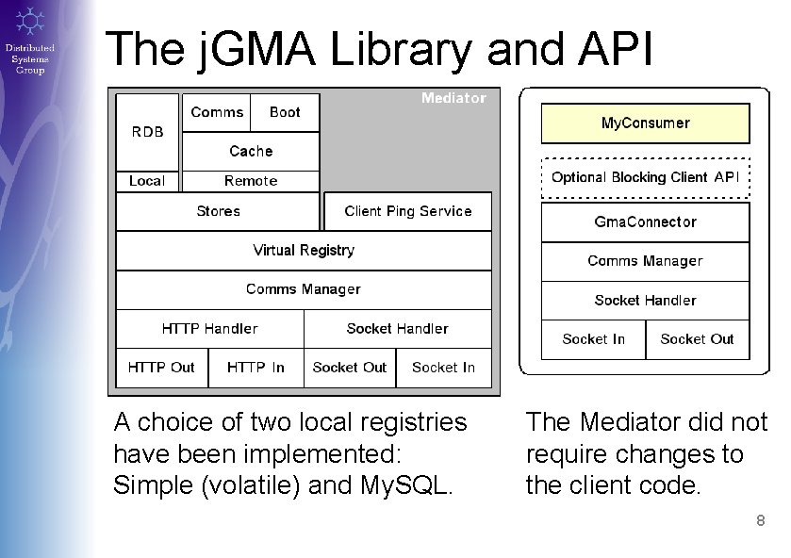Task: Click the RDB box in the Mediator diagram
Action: pos(147,132)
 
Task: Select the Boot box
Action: pos(285,112)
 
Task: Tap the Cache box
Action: pos(251,151)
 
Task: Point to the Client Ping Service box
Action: pos(407,211)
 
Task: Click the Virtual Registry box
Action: pos(304,251)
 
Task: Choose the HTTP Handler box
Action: pos(209,329)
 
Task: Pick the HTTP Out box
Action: pos(161,368)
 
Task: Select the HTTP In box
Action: pos(255,368)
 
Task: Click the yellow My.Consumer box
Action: pos(645,123)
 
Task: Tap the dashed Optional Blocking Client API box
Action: pos(645,177)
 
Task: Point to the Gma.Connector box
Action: pos(645,222)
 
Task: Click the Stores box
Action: pos(218,211)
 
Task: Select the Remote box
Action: pos(251,181)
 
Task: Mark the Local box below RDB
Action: pos(147,181)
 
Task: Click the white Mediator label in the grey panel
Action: pos(453,98)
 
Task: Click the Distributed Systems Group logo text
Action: pos(29,58)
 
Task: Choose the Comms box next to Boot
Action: pos(217,112)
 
